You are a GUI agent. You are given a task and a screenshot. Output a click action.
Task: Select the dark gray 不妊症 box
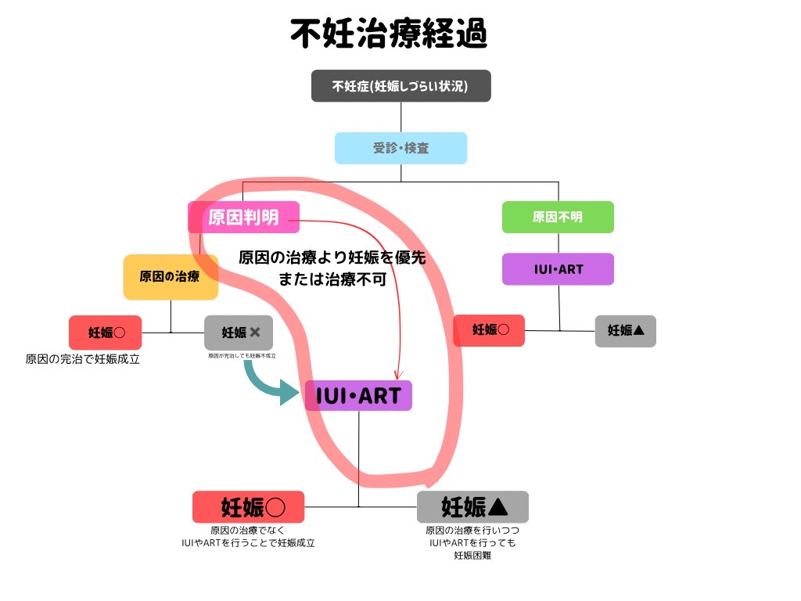click(400, 86)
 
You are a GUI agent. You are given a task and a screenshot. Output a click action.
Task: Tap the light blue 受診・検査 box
click(400, 148)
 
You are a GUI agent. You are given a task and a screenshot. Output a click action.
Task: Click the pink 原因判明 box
click(243, 217)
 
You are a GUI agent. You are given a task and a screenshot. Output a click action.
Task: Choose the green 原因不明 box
click(558, 217)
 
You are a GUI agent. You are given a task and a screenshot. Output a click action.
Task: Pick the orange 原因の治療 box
click(170, 276)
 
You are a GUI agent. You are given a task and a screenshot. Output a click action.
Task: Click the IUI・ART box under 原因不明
click(558, 269)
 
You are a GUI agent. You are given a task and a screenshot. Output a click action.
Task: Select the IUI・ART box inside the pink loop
click(358, 396)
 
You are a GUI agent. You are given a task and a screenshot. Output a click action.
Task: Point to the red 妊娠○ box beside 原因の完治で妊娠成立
click(106, 333)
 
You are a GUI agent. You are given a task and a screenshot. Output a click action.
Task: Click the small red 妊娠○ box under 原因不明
click(489, 330)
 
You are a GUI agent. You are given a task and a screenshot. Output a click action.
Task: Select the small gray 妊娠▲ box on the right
click(625, 331)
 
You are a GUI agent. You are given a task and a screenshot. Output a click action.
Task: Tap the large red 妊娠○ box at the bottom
click(248, 507)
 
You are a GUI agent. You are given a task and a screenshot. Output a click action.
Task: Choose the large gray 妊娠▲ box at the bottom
click(472, 507)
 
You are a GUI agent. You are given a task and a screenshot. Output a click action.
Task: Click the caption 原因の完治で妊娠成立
click(83, 360)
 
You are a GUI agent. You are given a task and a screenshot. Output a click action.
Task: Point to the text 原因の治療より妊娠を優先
click(332, 257)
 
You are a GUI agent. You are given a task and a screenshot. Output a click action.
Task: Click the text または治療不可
click(332, 279)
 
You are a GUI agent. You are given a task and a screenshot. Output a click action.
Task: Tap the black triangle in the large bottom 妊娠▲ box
click(497, 508)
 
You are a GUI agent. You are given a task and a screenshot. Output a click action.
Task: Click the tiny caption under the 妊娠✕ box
click(242, 356)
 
